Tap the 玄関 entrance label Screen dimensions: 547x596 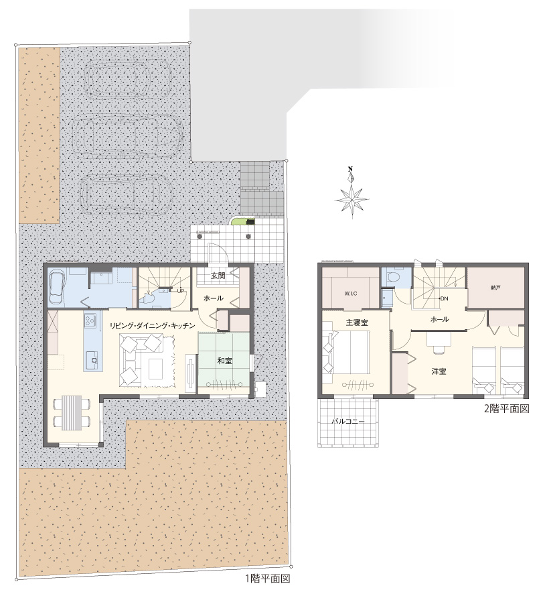pos(218,275)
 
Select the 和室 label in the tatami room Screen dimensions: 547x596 pos(224,360)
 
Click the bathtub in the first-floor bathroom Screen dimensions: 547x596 pos(58,286)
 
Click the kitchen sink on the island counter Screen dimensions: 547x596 pos(93,359)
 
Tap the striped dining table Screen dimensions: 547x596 pos(72,412)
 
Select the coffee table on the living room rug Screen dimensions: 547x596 pos(155,369)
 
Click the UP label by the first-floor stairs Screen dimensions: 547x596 pos(181,291)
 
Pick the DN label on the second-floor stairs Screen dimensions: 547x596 pos(444,298)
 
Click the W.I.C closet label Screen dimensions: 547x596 pos(350,294)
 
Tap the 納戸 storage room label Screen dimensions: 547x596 pos(495,288)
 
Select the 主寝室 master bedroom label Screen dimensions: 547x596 pos(357,322)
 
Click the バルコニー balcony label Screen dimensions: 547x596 pos(347,422)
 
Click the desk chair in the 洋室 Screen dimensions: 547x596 pos(439,349)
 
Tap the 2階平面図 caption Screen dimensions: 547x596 pos(506,408)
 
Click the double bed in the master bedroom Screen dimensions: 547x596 pos(350,353)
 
